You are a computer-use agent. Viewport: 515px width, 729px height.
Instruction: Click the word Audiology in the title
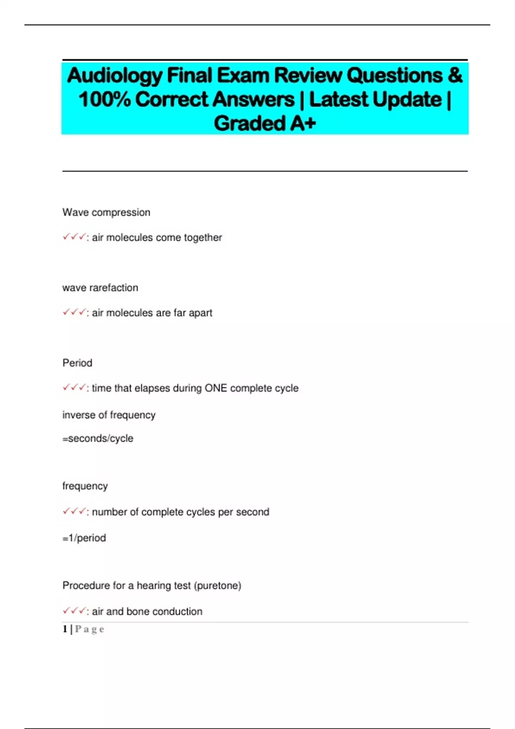[115, 76]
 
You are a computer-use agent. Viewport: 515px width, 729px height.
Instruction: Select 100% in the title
[104, 99]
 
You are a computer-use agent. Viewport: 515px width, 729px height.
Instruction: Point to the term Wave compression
[106, 212]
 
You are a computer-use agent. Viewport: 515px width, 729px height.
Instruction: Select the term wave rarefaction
[100, 288]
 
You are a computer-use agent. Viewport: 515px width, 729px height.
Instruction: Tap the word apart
[200, 313]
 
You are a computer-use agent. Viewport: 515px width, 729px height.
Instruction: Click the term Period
[77, 363]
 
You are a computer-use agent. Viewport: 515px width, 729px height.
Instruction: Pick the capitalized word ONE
[215, 388]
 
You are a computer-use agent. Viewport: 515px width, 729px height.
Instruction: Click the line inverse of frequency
[109, 415]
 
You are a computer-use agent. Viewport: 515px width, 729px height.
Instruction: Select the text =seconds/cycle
[98, 439]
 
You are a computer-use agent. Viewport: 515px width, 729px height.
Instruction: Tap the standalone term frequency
[85, 486]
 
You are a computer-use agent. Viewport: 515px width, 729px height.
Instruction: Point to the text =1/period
[84, 538]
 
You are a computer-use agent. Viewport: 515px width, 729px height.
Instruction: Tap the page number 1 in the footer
[65, 629]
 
